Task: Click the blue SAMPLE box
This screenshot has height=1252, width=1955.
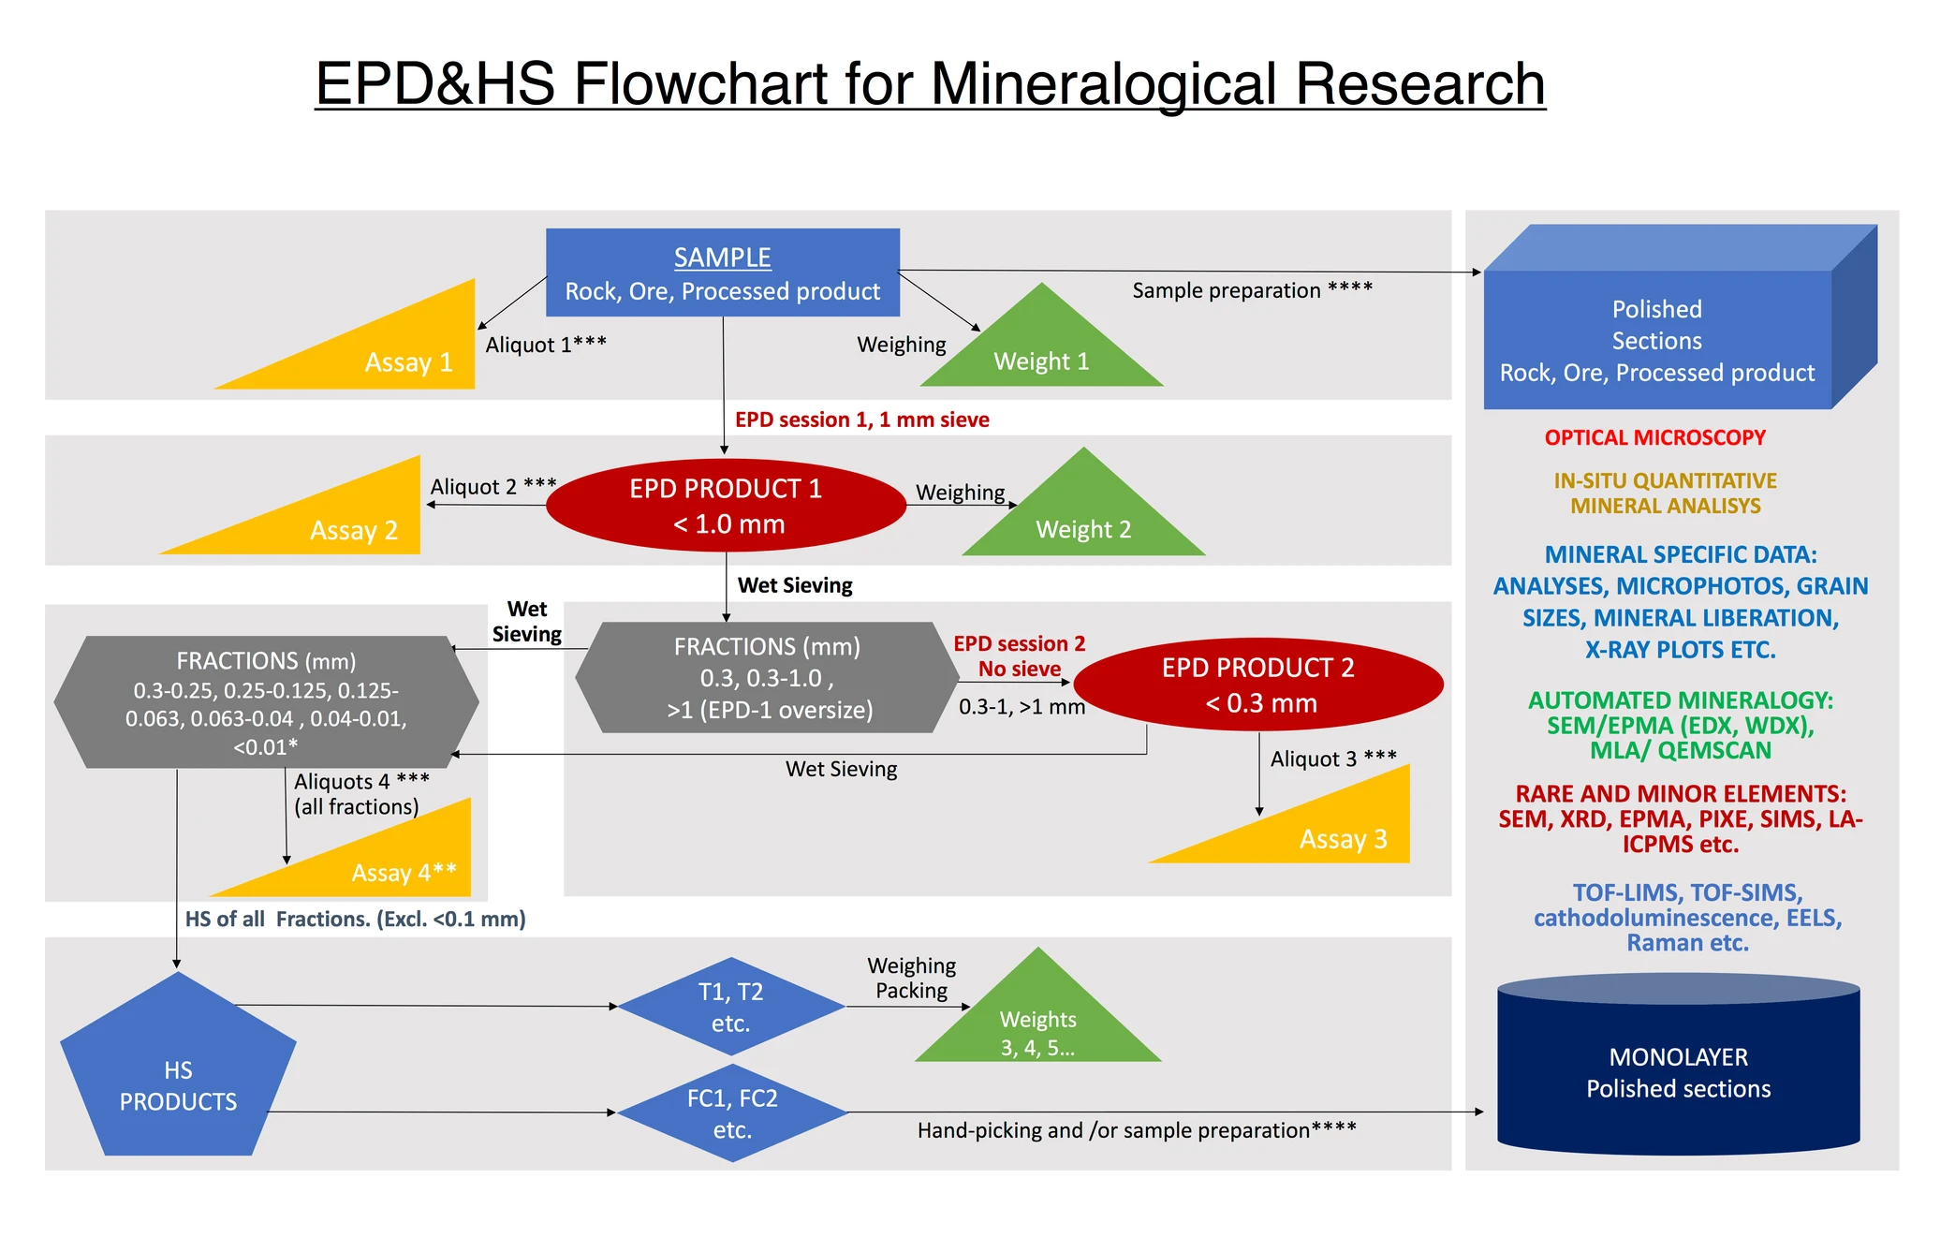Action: coord(722,272)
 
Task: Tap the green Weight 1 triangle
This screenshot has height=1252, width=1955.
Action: coord(1041,353)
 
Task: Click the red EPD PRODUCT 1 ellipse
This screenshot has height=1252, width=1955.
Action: coord(725,506)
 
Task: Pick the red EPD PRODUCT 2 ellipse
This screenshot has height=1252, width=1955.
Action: coord(1258,685)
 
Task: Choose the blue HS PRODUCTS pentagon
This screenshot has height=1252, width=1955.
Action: coord(178,1077)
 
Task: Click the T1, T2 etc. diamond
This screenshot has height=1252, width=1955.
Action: coord(731,1007)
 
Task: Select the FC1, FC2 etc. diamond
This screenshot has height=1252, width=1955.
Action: coord(732,1113)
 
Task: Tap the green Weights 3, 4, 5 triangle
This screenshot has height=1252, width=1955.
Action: coord(1037,1025)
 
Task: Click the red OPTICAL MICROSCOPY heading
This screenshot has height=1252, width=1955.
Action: coord(1654,437)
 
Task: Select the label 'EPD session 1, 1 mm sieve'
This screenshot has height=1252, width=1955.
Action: coord(861,420)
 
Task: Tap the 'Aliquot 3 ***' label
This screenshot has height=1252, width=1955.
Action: coord(1332,759)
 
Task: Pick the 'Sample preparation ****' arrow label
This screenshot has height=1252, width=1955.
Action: coord(1252,290)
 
